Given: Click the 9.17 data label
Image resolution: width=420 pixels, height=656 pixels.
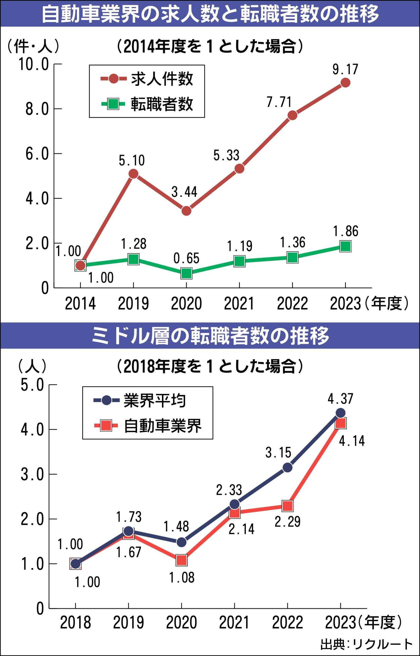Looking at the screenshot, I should (345, 69).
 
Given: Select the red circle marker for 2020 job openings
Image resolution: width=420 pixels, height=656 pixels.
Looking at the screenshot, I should (186, 210).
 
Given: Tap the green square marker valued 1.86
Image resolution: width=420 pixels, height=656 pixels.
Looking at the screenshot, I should (345, 246).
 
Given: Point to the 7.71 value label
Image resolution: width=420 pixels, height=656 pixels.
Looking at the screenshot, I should (279, 102).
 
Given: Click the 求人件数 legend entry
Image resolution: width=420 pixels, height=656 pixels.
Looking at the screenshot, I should (162, 79).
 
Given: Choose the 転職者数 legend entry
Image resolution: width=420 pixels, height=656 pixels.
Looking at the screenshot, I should (162, 104).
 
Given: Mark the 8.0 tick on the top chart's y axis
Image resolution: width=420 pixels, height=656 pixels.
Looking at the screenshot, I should (37, 109).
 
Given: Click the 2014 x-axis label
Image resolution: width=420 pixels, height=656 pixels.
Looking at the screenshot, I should (80, 304).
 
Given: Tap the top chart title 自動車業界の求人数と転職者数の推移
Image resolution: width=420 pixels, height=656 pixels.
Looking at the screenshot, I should (210, 14).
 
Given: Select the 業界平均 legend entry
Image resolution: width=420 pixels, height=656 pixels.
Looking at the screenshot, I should (155, 401).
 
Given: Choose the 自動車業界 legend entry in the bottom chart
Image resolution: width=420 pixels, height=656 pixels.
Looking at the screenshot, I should (162, 426).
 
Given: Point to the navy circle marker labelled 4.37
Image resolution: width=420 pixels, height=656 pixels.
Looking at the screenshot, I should (340, 413).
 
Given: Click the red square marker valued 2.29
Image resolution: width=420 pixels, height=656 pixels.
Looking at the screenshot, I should (288, 506).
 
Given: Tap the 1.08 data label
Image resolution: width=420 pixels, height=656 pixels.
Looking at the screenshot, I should (182, 578).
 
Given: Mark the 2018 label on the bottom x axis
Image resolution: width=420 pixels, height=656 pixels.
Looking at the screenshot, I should (75, 623).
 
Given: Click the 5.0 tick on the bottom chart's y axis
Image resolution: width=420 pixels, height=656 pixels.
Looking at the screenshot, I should (33, 385).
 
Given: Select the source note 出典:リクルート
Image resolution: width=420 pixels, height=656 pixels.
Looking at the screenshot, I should (366, 644).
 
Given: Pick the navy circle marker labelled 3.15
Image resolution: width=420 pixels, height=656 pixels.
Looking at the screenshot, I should (288, 468).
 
